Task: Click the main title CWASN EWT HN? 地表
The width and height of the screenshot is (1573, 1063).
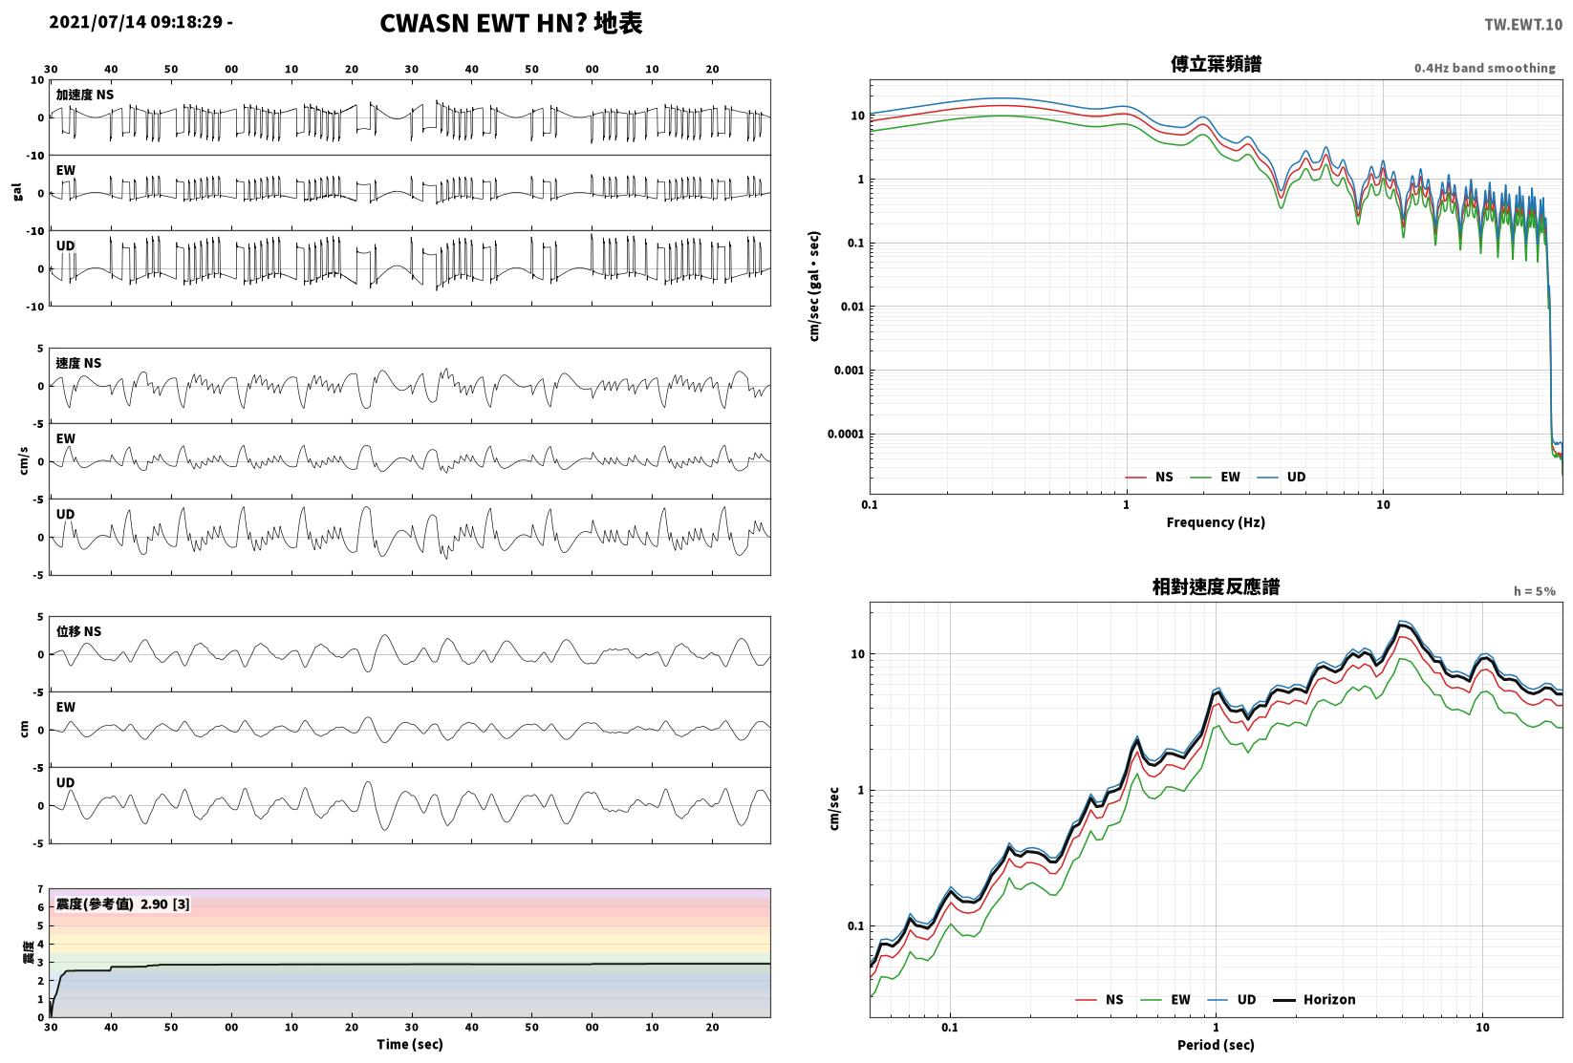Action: (x=510, y=23)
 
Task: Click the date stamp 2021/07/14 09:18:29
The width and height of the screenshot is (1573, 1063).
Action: (x=136, y=22)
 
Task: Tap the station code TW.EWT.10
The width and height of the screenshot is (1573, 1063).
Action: (x=1523, y=25)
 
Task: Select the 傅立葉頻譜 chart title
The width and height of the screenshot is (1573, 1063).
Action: (x=1216, y=64)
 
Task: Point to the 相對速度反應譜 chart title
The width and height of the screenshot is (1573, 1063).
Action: (x=1216, y=586)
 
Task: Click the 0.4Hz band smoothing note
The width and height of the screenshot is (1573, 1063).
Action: (x=1484, y=68)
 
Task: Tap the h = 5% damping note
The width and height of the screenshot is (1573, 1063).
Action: (x=1535, y=591)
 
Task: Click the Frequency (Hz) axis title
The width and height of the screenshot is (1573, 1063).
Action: (x=1216, y=522)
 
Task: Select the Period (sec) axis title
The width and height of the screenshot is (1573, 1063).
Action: (x=1216, y=1045)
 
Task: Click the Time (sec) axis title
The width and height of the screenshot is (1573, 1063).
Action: (x=410, y=1044)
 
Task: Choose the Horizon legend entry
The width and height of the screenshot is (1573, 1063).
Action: (x=1315, y=999)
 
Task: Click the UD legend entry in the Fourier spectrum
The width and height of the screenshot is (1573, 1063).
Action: (x=1282, y=477)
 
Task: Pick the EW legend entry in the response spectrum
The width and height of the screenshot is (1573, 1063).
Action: (x=1166, y=999)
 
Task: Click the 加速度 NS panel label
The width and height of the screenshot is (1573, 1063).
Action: (x=85, y=95)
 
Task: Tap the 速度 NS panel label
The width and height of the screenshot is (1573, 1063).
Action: (x=78, y=363)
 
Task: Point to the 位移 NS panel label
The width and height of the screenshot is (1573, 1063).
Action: (x=78, y=631)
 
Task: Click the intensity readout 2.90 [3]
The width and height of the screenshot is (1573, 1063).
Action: (x=165, y=904)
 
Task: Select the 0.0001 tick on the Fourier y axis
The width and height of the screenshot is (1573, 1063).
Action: (x=846, y=434)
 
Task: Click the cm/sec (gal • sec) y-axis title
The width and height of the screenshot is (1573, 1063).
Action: (x=814, y=287)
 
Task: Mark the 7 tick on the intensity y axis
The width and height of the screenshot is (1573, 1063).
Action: (x=41, y=889)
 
